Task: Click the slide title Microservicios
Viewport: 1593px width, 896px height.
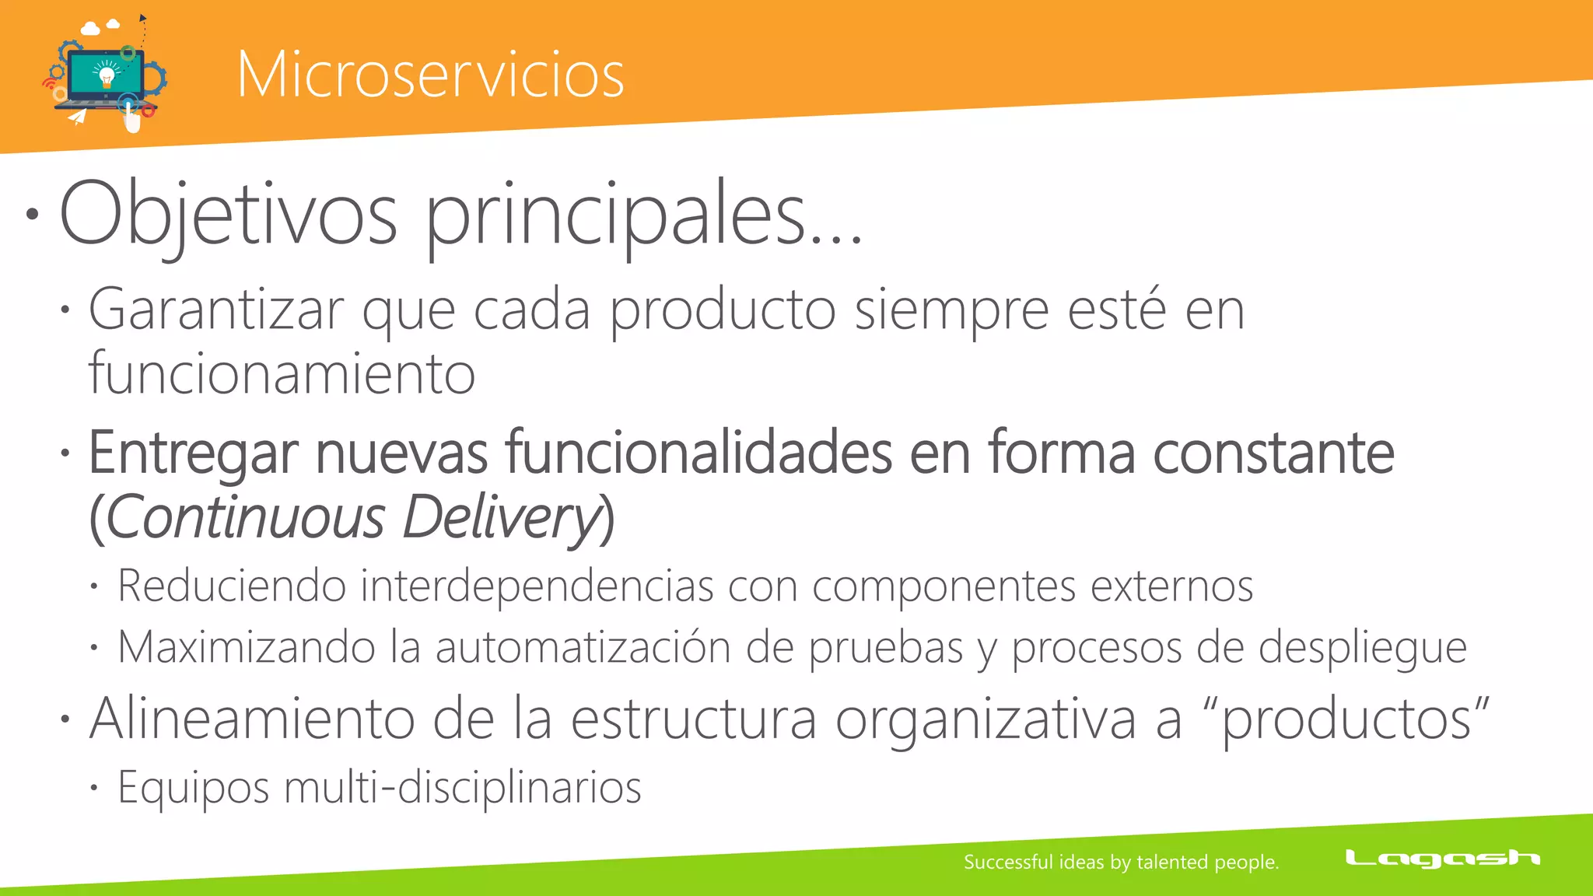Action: (x=430, y=75)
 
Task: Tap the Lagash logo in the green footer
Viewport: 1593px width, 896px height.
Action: (x=1442, y=859)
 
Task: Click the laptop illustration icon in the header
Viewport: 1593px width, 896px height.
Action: (x=105, y=76)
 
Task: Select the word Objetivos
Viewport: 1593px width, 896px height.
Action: (x=228, y=214)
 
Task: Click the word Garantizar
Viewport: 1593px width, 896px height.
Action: (x=216, y=310)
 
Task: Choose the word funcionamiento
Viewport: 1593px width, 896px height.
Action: (x=282, y=374)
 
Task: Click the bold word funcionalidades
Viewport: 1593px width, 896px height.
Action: (x=698, y=453)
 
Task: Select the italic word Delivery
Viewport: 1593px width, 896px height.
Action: (x=501, y=517)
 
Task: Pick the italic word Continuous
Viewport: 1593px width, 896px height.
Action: (x=245, y=517)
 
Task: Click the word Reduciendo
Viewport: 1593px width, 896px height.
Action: (x=232, y=586)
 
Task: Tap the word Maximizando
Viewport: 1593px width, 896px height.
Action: (x=246, y=647)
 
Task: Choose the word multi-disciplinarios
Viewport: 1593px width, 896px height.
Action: (x=463, y=787)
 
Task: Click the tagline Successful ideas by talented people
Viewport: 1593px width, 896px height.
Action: (x=1121, y=862)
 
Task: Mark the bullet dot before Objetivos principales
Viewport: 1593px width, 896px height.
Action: (x=32, y=214)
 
